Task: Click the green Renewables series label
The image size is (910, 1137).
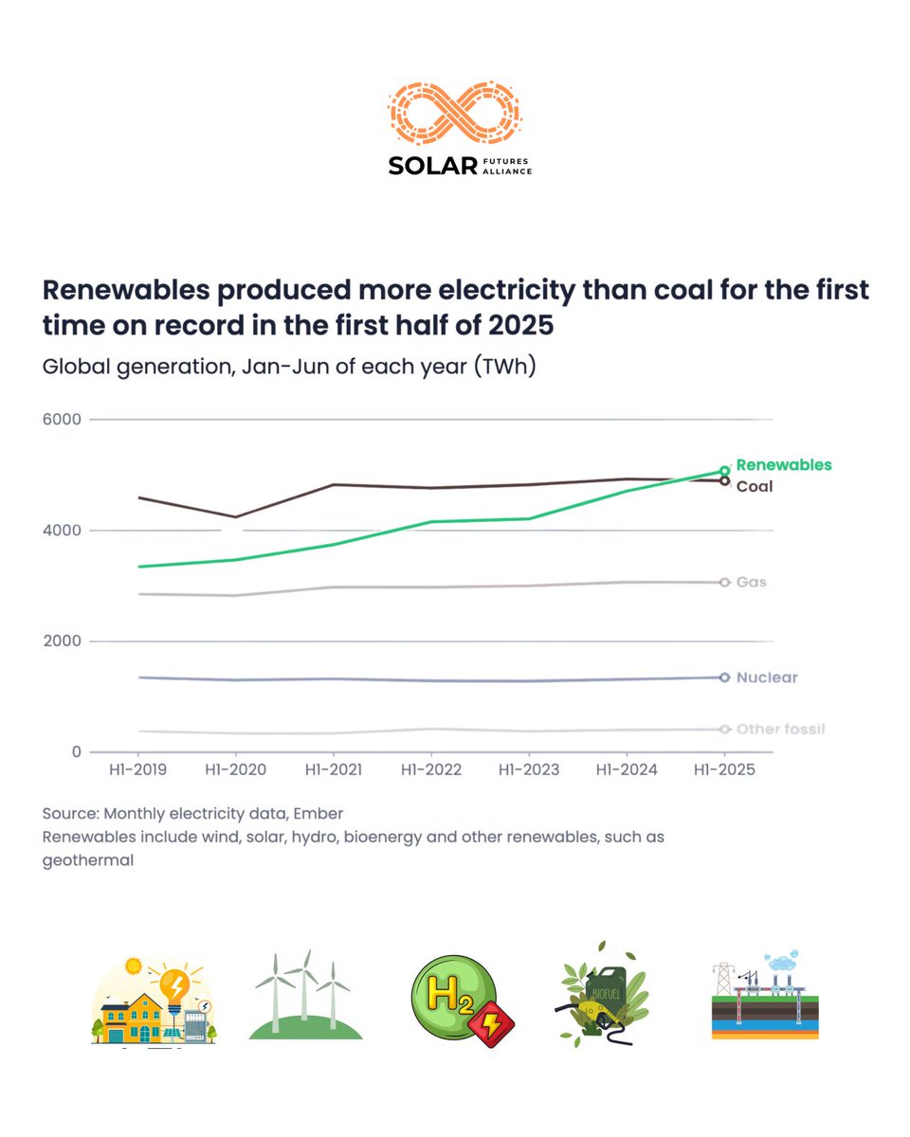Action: (783, 465)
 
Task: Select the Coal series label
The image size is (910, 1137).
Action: (755, 486)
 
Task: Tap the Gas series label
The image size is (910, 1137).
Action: (751, 582)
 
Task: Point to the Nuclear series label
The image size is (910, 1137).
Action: (766, 677)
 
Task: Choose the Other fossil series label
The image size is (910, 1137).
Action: (780, 730)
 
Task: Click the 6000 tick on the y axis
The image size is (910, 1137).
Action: (62, 419)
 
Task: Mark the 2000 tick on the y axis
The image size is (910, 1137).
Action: (62, 641)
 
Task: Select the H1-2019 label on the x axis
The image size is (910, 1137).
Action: (138, 770)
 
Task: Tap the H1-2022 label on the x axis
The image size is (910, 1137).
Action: (430, 770)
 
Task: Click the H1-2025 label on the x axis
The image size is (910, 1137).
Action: (723, 770)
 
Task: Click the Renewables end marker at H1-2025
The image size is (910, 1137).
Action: (724, 470)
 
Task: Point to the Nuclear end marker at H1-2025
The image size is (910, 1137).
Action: (724, 677)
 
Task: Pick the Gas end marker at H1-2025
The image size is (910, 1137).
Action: (724, 582)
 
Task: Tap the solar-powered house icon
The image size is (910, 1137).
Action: (155, 1002)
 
